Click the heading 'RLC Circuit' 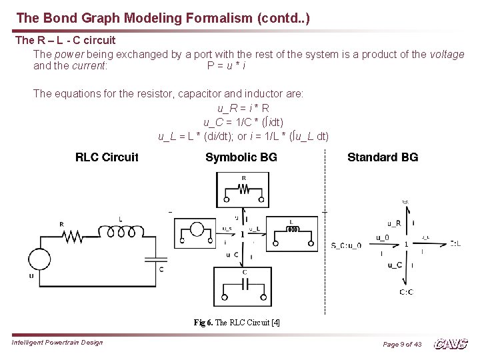pyautogui.click(x=107, y=157)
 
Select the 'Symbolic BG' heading pyautogui.click(x=241, y=157)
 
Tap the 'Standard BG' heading pyautogui.click(x=383, y=157)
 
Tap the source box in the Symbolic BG pyautogui.click(x=196, y=233)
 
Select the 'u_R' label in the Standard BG pyautogui.click(x=394, y=223)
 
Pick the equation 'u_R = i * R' pyautogui.click(x=243, y=108)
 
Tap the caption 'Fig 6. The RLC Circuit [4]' pyautogui.click(x=237, y=322)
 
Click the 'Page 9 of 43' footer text pyautogui.click(x=402, y=344)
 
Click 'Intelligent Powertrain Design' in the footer pyautogui.click(x=57, y=343)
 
